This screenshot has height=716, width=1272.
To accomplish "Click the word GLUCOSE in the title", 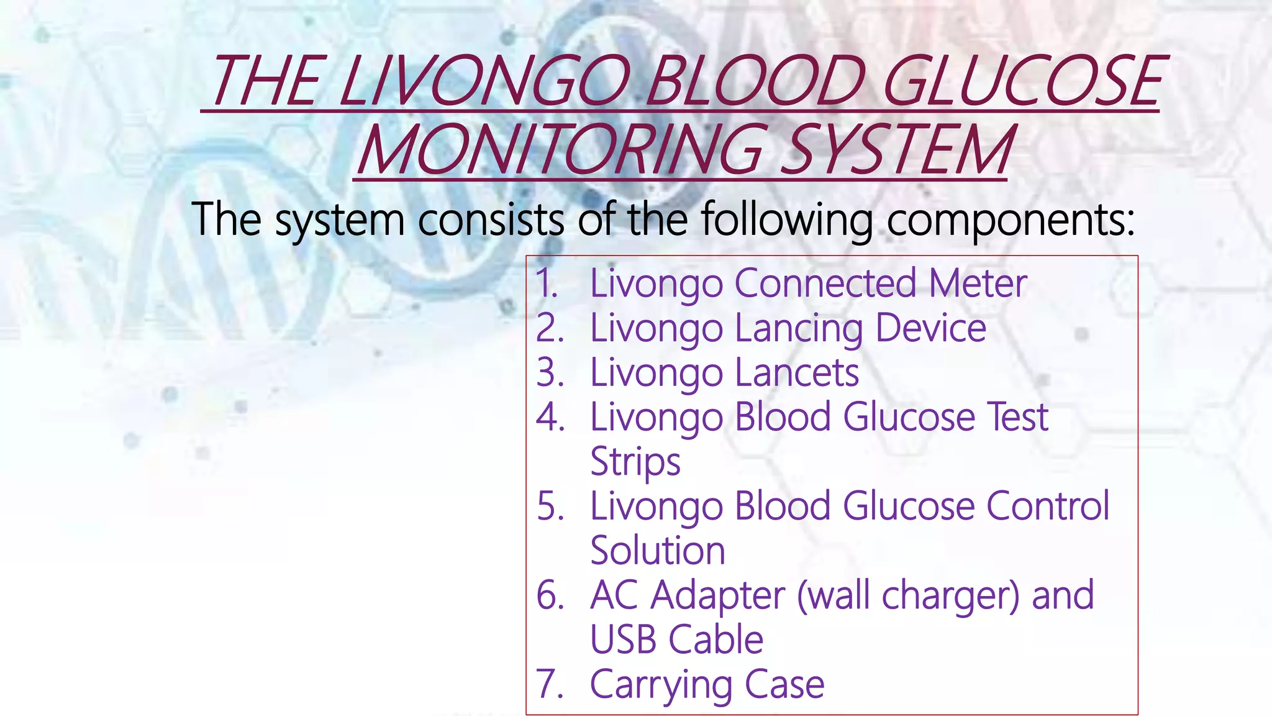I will (x=1022, y=81).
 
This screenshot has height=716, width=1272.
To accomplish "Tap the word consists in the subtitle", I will (x=491, y=220).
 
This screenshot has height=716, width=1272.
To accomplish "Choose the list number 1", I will (x=547, y=283).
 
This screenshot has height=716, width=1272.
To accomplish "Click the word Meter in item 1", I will (x=978, y=283).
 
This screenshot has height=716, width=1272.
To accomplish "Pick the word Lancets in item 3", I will (x=797, y=373).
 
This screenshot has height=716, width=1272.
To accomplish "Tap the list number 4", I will (x=550, y=417).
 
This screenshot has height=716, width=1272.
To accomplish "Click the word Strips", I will (x=635, y=462).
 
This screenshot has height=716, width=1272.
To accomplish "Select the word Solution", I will (x=657, y=551).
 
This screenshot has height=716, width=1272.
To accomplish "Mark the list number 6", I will (x=550, y=595).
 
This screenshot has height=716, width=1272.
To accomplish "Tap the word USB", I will (x=623, y=640).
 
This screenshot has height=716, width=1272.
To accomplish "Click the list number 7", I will (x=550, y=684).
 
